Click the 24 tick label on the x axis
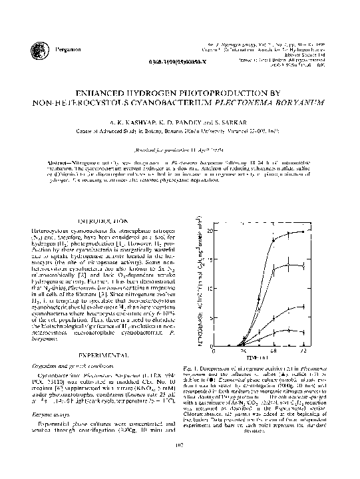pyautogui.click(x=243, y=350)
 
